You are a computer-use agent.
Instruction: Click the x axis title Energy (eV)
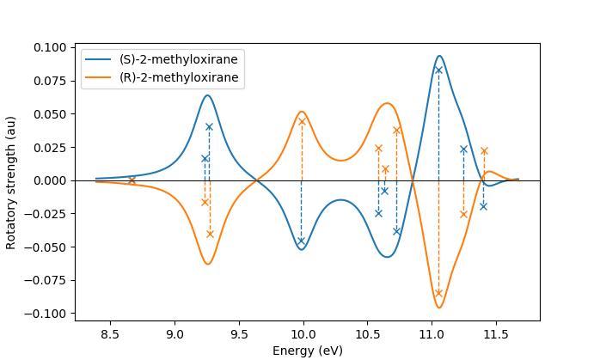(x=308, y=351)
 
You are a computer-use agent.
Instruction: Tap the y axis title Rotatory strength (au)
(x=11, y=182)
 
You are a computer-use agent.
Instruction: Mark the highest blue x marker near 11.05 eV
(x=438, y=70)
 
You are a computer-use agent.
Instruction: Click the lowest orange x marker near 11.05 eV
(x=438, y=293)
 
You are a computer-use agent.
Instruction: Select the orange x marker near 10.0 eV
(x=302, y=121)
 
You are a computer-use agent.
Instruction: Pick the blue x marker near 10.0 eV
(x=301, y=241)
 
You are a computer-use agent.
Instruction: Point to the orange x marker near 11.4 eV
(x=484, y=151)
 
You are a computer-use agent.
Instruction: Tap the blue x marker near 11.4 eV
(x=483, y=206)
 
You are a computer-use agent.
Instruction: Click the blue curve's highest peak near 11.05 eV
(x=439, y=56)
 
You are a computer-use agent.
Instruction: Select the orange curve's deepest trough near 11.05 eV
(x=439, y=308)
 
